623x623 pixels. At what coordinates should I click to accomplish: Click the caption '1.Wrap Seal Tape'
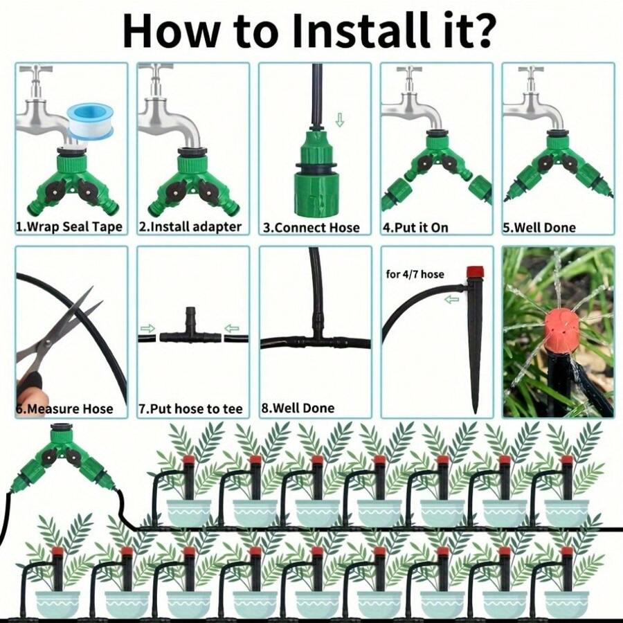click(x=69, y=227)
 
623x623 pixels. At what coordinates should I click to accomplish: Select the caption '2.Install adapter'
click(x=190, y=227)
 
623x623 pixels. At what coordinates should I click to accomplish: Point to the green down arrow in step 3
click(x=339, y=120)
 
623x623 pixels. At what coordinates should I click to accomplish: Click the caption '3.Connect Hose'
click(x=311, y=228)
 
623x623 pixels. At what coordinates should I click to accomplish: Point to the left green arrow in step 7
click(x=147, y=328)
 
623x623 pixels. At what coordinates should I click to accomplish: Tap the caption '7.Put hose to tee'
click(x=190, y=409)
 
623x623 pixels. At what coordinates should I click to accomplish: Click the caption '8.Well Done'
click(x=298, y=408)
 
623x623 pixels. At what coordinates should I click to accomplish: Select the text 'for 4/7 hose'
click(x=415, y=274)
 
